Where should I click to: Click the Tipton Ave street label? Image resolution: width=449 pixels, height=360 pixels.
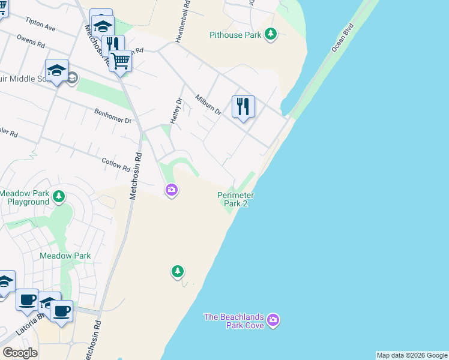pyautogui.click(x=40, y=24)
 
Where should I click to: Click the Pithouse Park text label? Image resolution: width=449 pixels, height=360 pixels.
pyautogui.click(x=235, y=35)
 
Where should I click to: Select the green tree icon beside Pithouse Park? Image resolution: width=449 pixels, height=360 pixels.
pyautogui.click(x=271, y=34)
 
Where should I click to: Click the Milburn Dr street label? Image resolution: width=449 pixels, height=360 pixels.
pyautogui.click(x=209, y=104)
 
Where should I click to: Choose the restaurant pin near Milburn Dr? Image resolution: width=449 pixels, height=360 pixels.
pyautogui.click(x=243, y=107)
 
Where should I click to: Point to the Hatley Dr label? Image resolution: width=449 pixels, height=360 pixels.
pyautogui.click(x=175, y=111)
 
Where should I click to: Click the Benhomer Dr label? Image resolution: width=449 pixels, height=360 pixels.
pyautogui.click(x=113, y=115)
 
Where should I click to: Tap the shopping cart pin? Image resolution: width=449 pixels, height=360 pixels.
pyautogui.click(x=121, y=60)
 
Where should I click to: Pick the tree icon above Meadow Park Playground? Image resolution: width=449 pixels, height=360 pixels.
pyautogui.click(x=59, y=196)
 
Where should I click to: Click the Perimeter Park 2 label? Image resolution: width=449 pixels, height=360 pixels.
pyautogui.click(x=236, y=199)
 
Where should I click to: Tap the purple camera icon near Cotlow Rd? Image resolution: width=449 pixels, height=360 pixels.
pyautogui.click(x=172, y=190)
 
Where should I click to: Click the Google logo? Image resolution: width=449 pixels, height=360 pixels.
pyautogui.click(x=20, y=353)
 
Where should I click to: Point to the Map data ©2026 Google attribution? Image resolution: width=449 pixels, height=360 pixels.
pyautogui.click(x=412, y=355)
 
